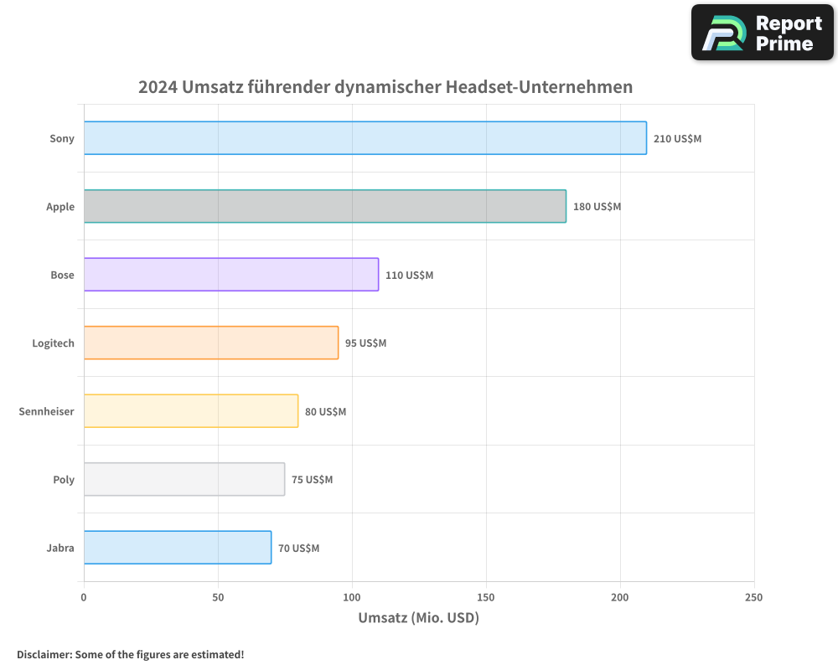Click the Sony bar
coord(365,138)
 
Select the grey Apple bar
coord(324,206)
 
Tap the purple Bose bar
coord(230,275)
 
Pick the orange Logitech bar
coord(210,343)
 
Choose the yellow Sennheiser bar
coord(190,411)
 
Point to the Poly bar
coord(184,479)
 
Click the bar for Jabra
coord(177,548)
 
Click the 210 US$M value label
coord(677,138)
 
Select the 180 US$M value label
coord(597,207)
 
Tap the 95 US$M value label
coord(365,343)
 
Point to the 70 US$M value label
coord(298,549)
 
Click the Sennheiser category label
coord(46,411)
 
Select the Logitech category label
coord(53,343)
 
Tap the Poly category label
coord(64,480)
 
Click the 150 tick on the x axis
coord(486,597)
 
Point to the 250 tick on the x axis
coord(753,597)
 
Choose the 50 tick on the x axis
coord(218,597)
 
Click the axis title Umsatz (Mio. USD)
coord(418,618)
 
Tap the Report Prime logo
coord(762,33)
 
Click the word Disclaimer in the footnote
coord(43,654)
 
